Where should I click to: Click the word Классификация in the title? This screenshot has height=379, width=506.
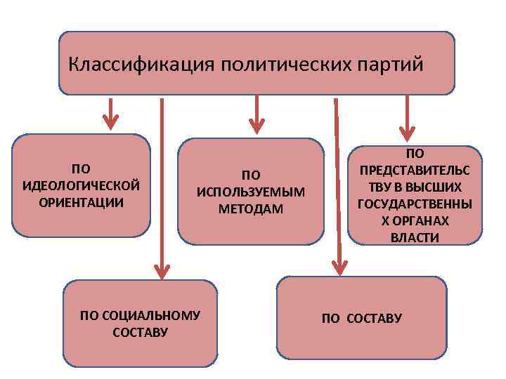click(141, 65)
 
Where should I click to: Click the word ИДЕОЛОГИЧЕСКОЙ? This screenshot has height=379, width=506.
click(81, 185)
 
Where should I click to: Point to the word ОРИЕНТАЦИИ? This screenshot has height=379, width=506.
click(81, 202)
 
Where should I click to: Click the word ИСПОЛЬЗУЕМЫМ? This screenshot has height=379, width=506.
click(250, 192)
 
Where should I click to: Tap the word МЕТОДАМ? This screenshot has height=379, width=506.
click(250, 209)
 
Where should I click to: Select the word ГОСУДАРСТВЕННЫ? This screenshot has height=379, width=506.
click(415, 204)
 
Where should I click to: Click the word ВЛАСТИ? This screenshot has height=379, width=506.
click(415, 237)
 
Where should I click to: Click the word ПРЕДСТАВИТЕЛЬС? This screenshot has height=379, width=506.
click(415, 170)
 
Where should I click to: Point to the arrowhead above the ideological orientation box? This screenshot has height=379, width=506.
click(110, 122)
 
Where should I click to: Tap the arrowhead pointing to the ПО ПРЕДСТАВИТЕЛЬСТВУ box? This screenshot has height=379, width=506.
click(407, 132)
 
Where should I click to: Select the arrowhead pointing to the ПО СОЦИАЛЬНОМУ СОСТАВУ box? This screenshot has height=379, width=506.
click(162, 269)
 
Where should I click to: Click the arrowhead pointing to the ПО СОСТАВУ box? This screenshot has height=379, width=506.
click(340, 265)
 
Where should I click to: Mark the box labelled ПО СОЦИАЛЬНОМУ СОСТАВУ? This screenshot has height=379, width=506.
click(141, 324)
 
